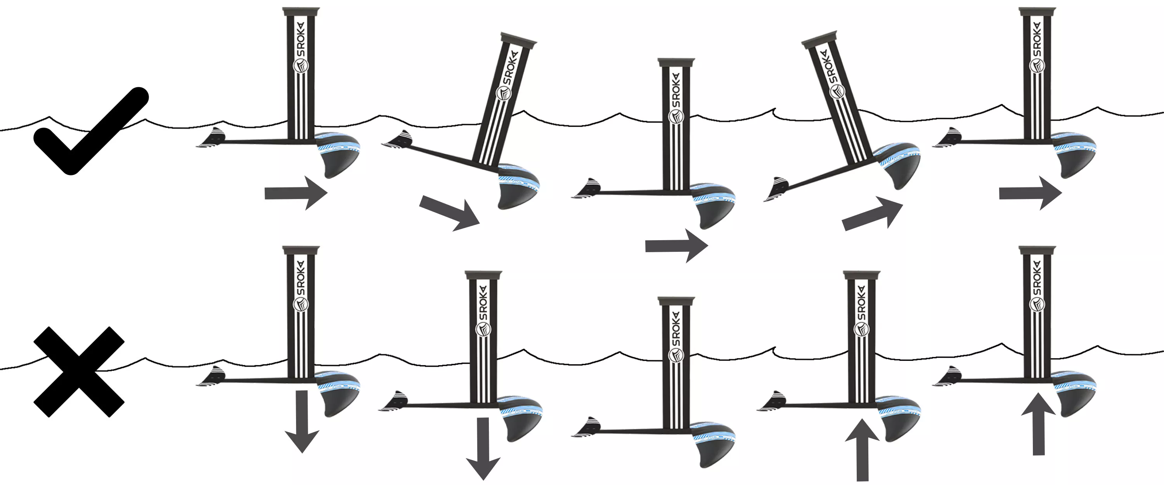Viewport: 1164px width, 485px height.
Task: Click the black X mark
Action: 79,372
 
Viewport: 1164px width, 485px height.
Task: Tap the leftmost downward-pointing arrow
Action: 302,421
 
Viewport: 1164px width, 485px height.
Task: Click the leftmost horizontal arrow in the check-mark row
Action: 296,193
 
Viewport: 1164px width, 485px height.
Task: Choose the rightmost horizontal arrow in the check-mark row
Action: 1030,193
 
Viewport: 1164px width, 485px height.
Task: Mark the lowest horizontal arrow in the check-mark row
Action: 676,246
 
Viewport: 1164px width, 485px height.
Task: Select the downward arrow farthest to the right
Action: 483,449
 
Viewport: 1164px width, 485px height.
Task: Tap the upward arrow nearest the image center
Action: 862,450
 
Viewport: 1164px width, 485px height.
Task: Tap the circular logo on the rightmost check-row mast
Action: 1037,66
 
